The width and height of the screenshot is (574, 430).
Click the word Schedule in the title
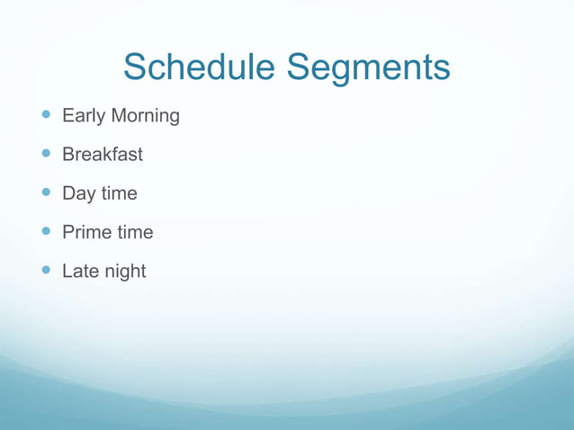click(x=200, y=67)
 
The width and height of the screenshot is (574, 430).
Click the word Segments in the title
click(x=369, y=67)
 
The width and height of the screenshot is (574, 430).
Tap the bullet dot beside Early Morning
click(x=47, y=115)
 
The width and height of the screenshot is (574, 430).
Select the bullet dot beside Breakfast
click(x=47, y=154)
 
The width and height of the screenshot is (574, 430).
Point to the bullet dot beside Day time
click(x=47, y=193)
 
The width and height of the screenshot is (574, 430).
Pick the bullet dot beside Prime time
click(x=47, y=231)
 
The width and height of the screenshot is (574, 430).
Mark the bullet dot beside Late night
click(x=47, y=270)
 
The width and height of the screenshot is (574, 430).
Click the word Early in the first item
click(x=83, y=116)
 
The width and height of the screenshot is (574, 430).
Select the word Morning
click(x=145, y=116)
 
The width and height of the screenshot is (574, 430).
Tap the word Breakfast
click(x=103, y=155)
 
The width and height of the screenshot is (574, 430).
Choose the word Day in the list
click(x=78, y=193)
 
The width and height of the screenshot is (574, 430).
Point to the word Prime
click(x=86, y=232)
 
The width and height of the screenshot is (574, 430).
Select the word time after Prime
click(x=135, y=232)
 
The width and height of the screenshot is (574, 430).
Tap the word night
click(x=124, y=271)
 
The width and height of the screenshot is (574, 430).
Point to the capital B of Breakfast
click(x=68, y=155)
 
